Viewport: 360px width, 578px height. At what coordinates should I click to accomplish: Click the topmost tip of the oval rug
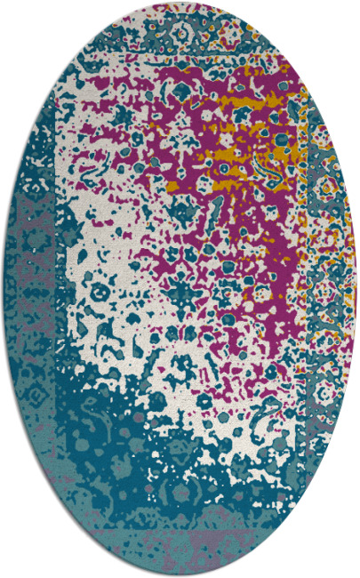pos(180,3)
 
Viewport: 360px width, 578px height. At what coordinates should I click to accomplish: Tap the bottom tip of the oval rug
pos(180,575)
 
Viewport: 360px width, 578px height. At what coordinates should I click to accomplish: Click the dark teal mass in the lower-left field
pos(98,427)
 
